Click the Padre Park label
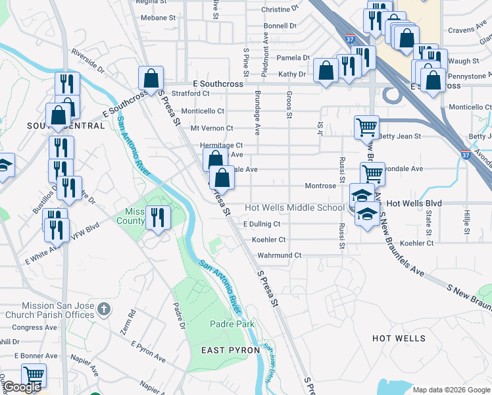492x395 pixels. tap(232, 324)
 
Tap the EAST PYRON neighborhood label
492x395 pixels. tap(230, 350)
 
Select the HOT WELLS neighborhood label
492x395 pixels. tap(399, 338)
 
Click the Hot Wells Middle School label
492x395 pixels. tap(295, 207)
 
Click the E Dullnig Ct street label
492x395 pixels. tap(262, 224)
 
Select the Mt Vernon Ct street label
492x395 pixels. tap(212, 128)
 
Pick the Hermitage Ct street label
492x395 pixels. tap(222, 145)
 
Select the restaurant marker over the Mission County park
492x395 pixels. tap(157, 217)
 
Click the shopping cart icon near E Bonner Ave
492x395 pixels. tap(34, 375)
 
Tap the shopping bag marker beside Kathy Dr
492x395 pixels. tap(326, 70)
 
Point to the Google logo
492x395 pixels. tap(22, 387)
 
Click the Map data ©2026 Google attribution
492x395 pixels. tap(451, 390)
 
